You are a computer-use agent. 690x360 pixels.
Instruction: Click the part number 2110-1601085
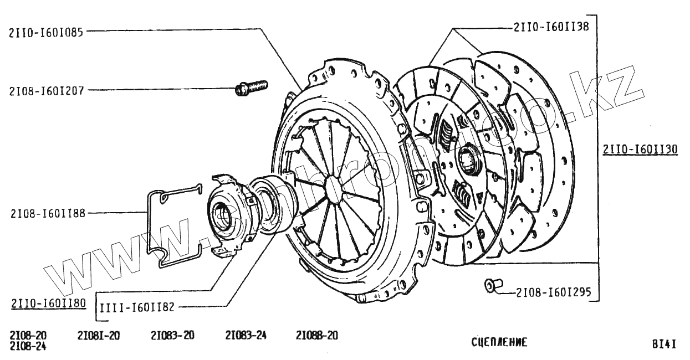pos(46,32)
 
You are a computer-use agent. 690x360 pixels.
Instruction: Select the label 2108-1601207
pos(46,90)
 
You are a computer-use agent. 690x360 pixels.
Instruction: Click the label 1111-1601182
pos(137,306)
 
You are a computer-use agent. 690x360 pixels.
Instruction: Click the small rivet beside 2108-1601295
pos(490,285)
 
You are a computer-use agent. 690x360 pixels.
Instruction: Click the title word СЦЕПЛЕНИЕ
pos(499,342)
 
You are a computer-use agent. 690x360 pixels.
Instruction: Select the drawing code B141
pos(664,343)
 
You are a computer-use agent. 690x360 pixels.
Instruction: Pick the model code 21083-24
pos(246,336)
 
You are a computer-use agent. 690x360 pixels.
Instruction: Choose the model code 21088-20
pos(316,336)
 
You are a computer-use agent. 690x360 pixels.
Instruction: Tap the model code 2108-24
pos(28,347)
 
